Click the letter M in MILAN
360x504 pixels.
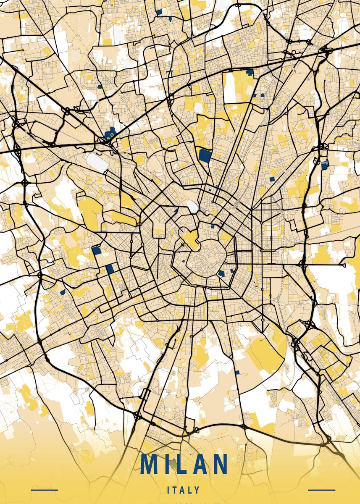click(150, 464)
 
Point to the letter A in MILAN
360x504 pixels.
click(200, 464)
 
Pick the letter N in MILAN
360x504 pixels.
click(219, 464)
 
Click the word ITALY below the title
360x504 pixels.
click(183, 490)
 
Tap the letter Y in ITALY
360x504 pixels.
click(197, 490)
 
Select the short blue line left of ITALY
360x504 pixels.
click(45, 490)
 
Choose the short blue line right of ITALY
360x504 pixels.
click(322, 490)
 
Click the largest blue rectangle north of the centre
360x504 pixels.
click(205, 155)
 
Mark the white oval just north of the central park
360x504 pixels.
click(192, 206)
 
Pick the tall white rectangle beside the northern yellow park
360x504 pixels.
click(229, 88)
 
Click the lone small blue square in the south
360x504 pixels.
click(237, 372)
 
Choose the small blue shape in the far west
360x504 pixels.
click(63, 291)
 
